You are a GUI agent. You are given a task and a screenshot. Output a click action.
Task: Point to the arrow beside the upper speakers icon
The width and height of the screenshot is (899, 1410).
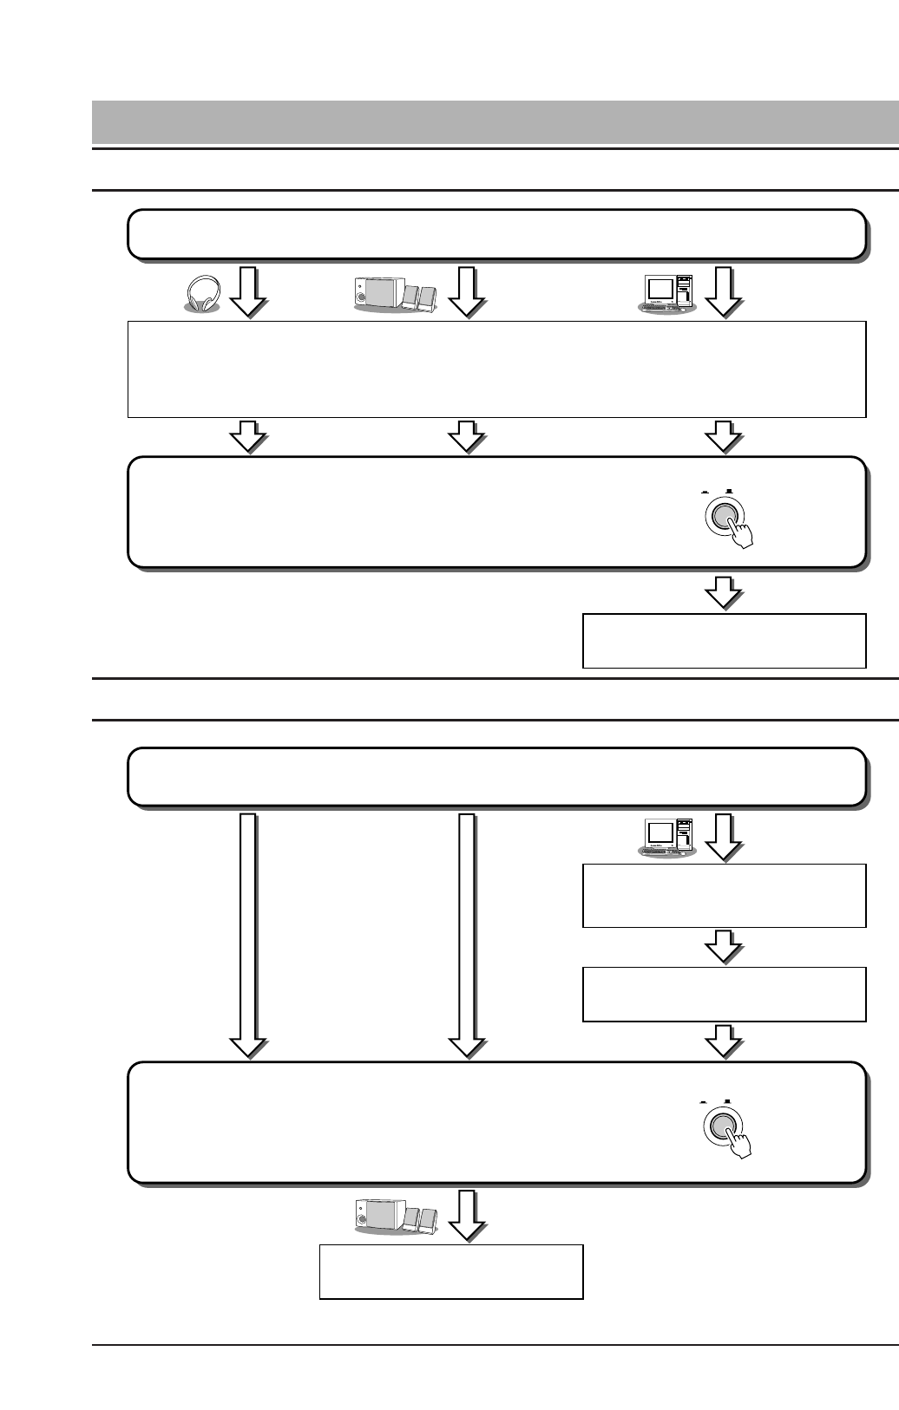pos(467,291)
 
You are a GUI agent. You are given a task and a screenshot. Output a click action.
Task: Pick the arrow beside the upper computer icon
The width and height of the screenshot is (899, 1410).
pos(723,291)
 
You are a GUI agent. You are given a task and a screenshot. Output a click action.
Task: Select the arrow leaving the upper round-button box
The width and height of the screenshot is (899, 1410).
pos(723,593)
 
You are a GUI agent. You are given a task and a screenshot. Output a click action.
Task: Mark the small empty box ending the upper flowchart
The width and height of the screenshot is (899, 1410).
pos(724,641)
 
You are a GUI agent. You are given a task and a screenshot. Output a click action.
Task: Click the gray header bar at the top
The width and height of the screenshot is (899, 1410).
pos(495,122)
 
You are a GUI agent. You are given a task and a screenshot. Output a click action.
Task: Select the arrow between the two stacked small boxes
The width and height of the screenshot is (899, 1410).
pos(723,947)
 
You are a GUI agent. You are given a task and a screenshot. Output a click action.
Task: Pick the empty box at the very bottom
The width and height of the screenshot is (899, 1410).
pos(450,1271)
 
